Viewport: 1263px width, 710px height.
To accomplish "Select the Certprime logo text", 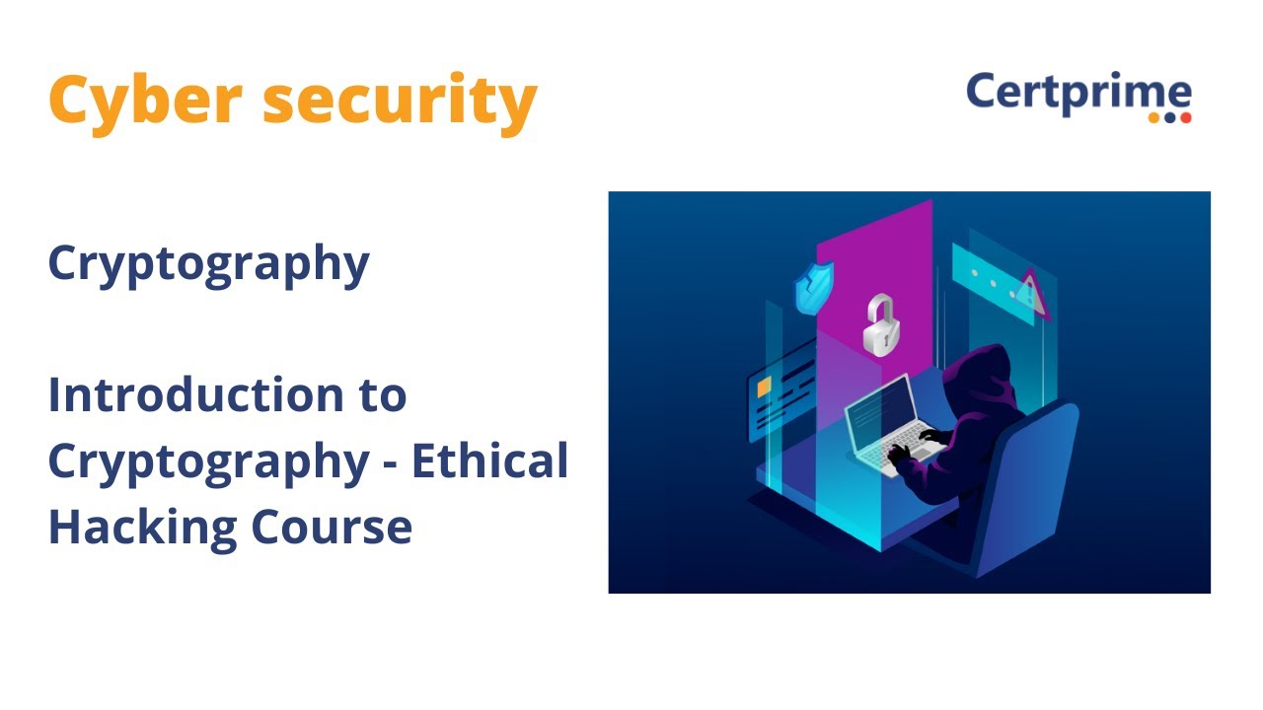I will tap(1077, 93).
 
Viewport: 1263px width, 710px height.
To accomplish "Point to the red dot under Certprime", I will tap(1186, 117).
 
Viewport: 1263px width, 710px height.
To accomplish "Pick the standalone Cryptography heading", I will tap(208, 264).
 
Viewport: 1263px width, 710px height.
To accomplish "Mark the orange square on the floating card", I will tap(764, 390).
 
